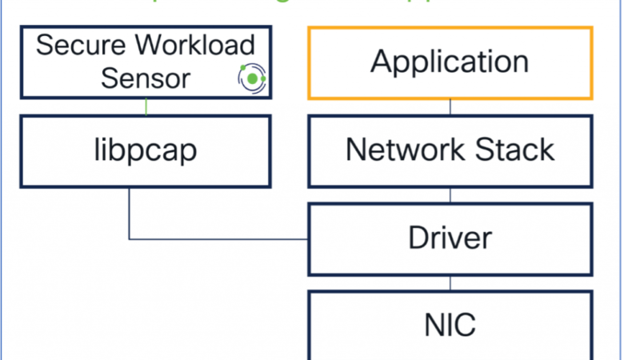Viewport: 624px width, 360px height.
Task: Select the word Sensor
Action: [146, 78]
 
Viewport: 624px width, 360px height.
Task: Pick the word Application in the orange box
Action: [450, 62]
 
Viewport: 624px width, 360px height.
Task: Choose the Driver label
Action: [450, 238]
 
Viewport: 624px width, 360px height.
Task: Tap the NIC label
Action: [450, 326]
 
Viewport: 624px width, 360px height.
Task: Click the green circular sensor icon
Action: [252, 78]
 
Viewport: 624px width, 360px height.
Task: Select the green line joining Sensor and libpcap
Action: [146, 106]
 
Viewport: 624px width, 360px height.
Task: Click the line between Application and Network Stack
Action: [450, 106]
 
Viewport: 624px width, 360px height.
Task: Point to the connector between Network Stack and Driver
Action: [450, 194]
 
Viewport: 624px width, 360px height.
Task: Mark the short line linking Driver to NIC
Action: [450, 282]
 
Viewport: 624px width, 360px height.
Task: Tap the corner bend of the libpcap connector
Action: [130, 238]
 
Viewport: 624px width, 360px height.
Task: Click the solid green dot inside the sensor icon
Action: [253, 79]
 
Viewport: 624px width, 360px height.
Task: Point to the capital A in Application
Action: [383, 62]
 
